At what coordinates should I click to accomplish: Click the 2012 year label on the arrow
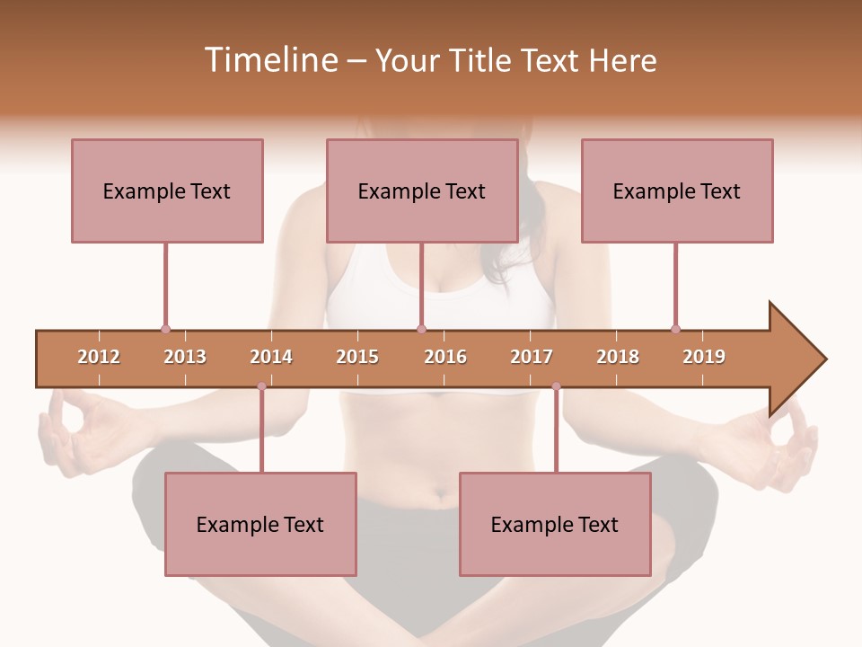point(99,357)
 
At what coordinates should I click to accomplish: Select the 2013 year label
point(185,357)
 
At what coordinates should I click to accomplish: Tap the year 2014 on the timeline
point(271,357)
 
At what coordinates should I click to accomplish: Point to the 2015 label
point(357,357)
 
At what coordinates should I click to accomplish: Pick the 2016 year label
point(445,357)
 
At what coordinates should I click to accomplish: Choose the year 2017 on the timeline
point(532,357)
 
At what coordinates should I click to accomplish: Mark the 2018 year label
point(618,357)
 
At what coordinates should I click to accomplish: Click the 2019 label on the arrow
point(704,357)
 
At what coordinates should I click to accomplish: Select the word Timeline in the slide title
point(268,60)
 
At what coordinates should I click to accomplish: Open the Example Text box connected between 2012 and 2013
point(167,191)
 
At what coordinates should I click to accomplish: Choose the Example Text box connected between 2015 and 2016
point(422,191)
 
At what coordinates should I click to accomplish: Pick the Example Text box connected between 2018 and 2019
point(677,191)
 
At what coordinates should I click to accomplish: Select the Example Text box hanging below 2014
point(260,524)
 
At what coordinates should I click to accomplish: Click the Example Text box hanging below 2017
point(555,524)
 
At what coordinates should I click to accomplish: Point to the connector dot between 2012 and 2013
point(165,329)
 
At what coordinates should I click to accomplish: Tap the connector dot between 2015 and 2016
point(421,329)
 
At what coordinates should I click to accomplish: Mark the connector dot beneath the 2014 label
point(261,386)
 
